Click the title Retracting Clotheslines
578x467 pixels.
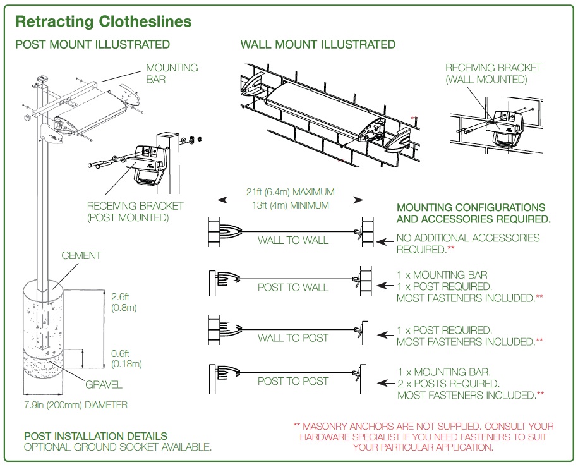pyautogui.click(x=103, y=21)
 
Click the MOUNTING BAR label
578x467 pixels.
pyautogui.click(x=172, y=73)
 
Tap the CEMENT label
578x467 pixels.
pyautogui.click(x=81, y=256)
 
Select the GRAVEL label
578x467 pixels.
pyautogui.click(x=104, y=384)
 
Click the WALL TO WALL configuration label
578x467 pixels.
pyautogui.click(x=293, y=240)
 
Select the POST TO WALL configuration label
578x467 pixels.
pyautogui.click(x=293, y=288)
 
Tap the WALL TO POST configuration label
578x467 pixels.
pyautogui.click(x=293, y=338)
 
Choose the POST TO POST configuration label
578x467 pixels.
pyautogui.click(x=293, y=381)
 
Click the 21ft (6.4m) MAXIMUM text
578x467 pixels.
pyautogui.click(x=291, y=191)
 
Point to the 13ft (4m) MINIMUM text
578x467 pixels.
pyautogui.click(x=291, y=205)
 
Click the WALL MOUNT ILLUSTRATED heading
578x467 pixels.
pyautogui.click(x=318, y=44)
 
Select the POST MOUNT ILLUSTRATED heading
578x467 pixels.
pyautogui.click(x=92, y=44)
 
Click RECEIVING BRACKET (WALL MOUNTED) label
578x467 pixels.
pyautogui.click(x=493, y=73)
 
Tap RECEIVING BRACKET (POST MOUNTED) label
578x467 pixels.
pyautogui.click(x=135, y=212)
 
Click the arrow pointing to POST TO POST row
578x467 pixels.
pyautogui.click(x=384, y=383)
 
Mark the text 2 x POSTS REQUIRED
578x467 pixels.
pyautogui.click(x=448, y=384)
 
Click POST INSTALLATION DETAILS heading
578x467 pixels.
pyautogui.click(x=95, y=436)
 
